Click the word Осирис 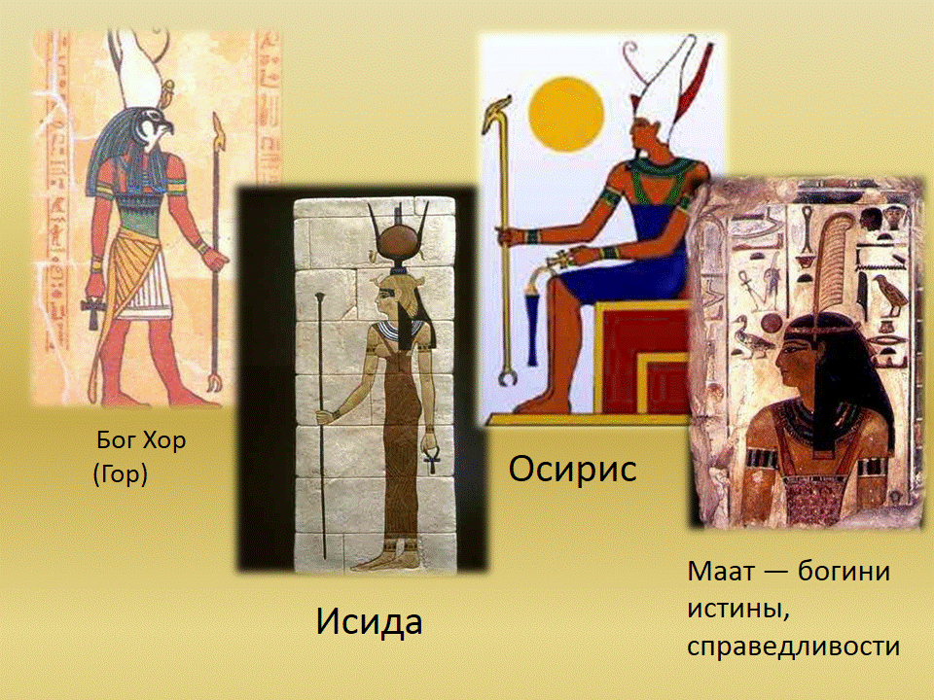pyautogui.click(x=572, y=469)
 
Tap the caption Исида pyautogui.click(x=369, y=621)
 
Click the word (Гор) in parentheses pyautogui.click(x=121, y=474)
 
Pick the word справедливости pyautogui.click(x=794, y=647)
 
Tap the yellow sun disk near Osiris pyautogui.click(x=566, y=114)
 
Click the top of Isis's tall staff pyautogui.click(x=320, y=297)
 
